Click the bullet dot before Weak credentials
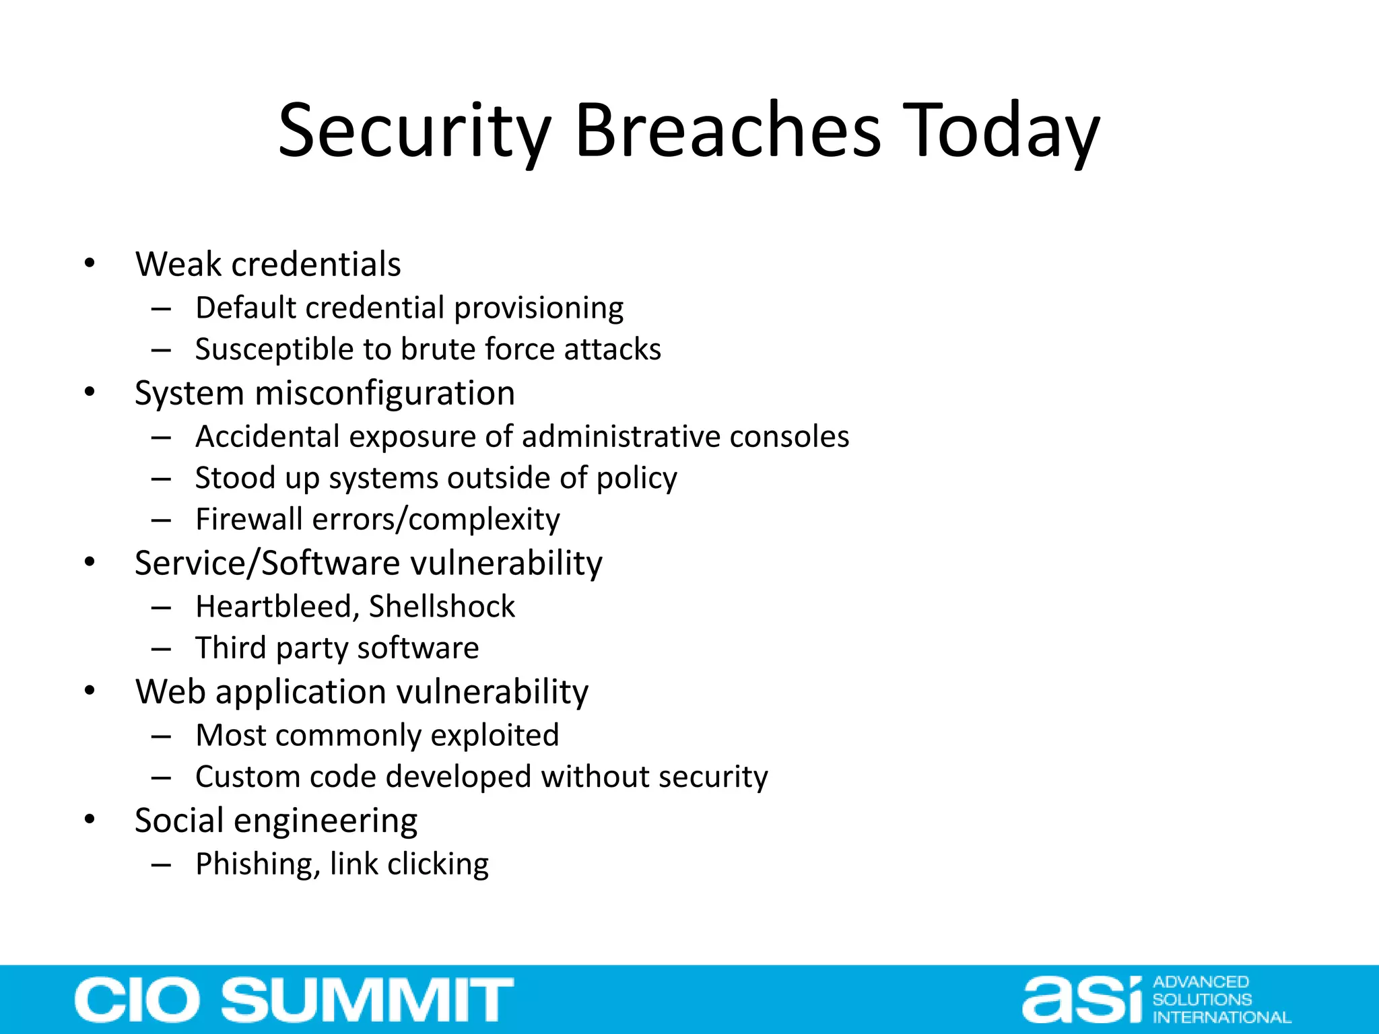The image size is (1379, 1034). click(x=90, y=263)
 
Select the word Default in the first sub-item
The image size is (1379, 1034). click(x=245, y=308)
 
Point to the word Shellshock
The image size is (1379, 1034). click(x=442, y=607)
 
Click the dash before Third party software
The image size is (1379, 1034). click(x=161, y=649)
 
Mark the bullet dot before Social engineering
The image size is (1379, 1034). click(x=90, y=819)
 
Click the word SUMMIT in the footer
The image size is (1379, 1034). click(x=368, y=1000)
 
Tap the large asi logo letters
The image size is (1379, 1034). click(x=1083, y=1000)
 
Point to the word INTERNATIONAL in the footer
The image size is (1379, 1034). click(x=1221, y=1017)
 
